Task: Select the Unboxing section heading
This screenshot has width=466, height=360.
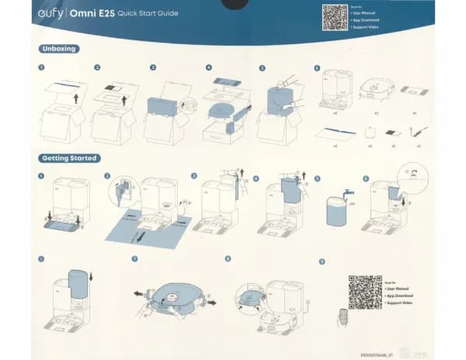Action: tap(60, 49)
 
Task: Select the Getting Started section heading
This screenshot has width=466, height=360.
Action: tap(70, 158)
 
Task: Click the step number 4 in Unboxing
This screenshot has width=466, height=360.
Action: tap(209, 68)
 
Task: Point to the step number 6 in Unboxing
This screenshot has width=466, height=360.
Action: tap(317, 68)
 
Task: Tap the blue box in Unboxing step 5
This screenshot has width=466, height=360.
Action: tap(281, 103)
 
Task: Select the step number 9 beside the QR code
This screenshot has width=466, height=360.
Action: tap(322, 261)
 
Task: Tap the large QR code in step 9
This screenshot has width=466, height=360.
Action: tap(364, 292)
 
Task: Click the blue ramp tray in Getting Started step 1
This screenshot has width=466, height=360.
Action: tap(63, 227)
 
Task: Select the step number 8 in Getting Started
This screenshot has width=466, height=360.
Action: tap(228, 258)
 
